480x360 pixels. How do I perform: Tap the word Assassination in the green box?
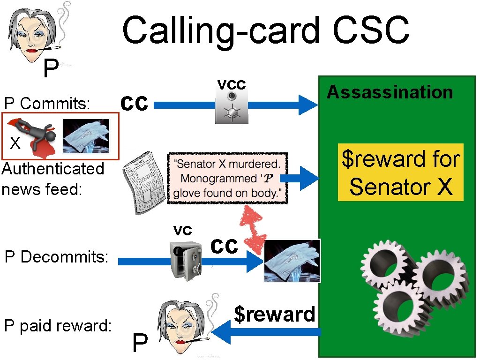[x=390, y=92]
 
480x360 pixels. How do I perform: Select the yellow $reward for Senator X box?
[x=401, y=172]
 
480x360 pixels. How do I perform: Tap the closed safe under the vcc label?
[x=231, y=106]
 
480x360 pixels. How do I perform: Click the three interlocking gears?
[x=414, y=283]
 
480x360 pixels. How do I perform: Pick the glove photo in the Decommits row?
[x=292, y=261]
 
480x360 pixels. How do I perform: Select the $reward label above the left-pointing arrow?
[x=274, y=314]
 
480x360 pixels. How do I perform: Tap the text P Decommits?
[x=56, y=257]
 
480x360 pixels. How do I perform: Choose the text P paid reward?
[x=58, y=326]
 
